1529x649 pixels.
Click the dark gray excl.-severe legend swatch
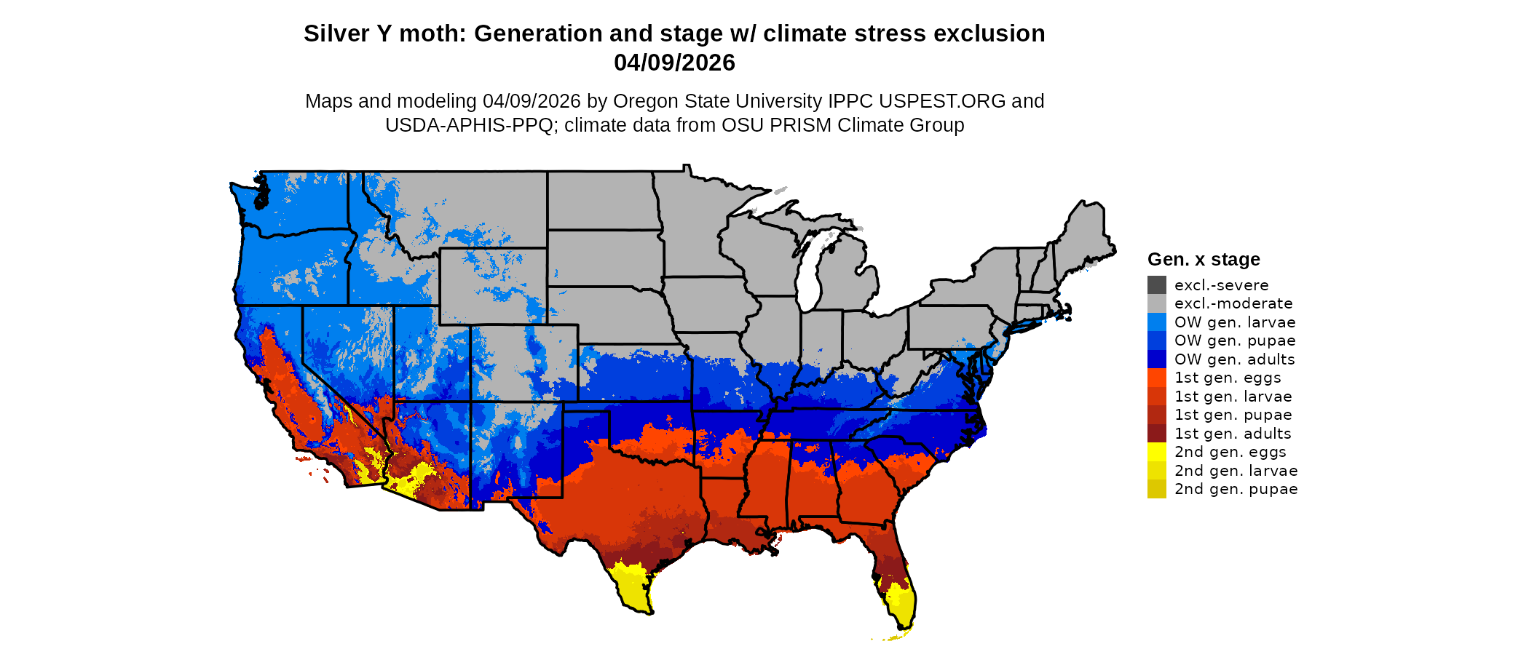pos(1156,284)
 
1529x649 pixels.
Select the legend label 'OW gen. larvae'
pos(1235,322)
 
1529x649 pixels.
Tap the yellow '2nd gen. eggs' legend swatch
pos(1156,452)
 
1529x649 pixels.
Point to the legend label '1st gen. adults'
pos(1233,434)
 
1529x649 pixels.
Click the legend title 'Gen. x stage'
pos(1204,259)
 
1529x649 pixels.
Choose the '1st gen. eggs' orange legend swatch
pos(1156,378)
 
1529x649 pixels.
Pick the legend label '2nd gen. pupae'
pos(1236,489)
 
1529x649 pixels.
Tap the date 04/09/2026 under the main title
pos(674,63)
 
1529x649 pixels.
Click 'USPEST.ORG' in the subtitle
pos(943,101)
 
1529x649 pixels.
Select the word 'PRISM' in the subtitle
pos(801,125)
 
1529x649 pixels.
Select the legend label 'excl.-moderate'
pos(1233,303)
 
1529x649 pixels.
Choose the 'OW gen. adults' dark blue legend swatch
pos(1156,359)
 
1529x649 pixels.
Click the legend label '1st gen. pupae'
pos(1233,415)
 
